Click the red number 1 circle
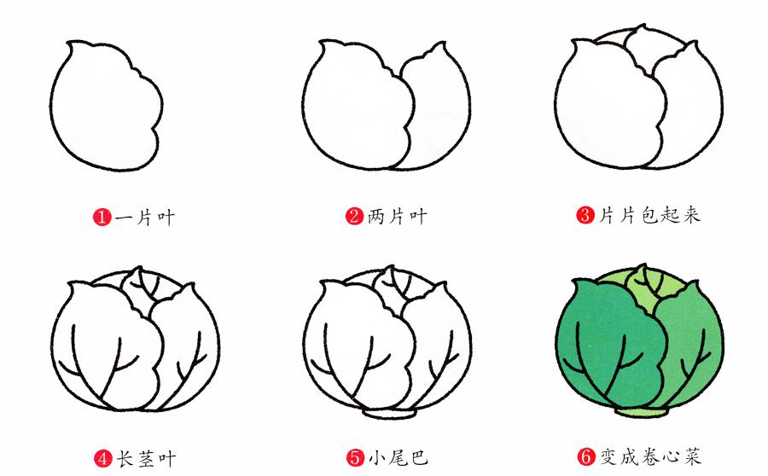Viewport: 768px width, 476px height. pyautogui.click(x=102, y=217)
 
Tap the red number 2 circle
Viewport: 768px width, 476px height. pyautogui.click(x=355, y=216)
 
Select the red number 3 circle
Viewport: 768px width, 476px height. pyautogui.click(x=585, y=215)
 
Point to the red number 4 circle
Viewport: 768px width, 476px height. pyautogui.click(x=103, y=459)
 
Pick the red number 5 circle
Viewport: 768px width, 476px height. pyautogui.click(x=355, y=458)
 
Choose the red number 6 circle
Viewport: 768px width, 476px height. pyautogui.click(x=586, y=457)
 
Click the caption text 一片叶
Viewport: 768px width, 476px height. pyautogui.click(x=145, y=217)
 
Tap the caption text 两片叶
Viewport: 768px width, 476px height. pyautogui.click(x=397, y=216)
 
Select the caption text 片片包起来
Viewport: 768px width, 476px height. pyautogui.click(x=650, y=215)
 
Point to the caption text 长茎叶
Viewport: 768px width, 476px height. pyautogui.click(x=146, y=459)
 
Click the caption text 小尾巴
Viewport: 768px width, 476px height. pyautogui.click(x=399, y=458)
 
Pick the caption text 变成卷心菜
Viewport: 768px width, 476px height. pyautogui.click(x=651, y=456)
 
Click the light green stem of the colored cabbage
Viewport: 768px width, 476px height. pyautogui.click(x=641, y=412)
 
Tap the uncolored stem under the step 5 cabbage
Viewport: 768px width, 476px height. pyautogui.click(x=389, y=414)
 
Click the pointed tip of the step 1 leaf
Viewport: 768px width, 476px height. pyautogui.click(x=69, y=43)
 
